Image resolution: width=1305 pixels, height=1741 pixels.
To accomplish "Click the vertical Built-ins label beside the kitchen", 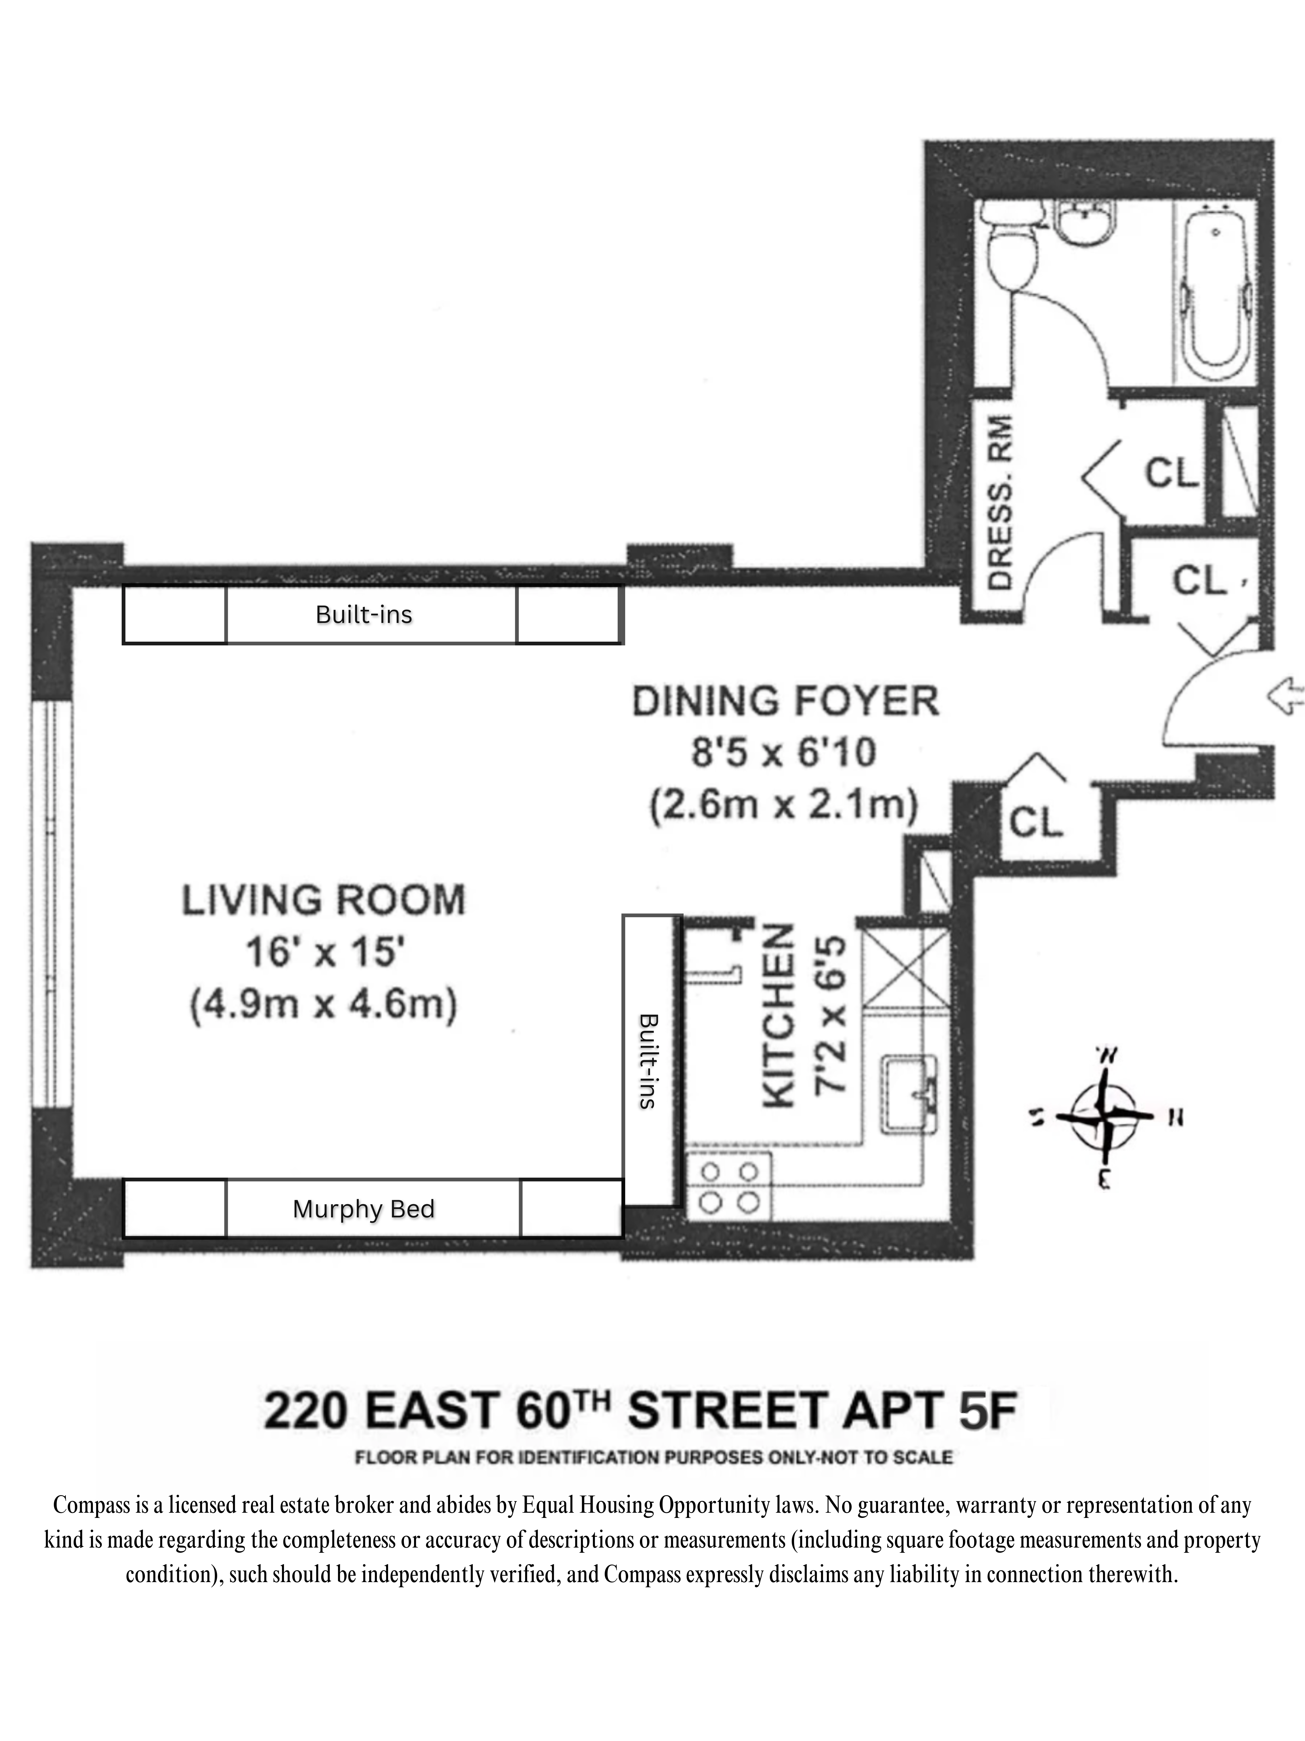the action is tap(648, 1061).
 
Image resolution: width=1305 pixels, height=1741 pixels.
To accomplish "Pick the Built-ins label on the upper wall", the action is tap(363, 615).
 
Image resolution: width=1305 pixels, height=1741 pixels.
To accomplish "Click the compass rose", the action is tap(1104, 1116).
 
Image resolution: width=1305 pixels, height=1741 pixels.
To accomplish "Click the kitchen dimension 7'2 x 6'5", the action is tap(831, 1015).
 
